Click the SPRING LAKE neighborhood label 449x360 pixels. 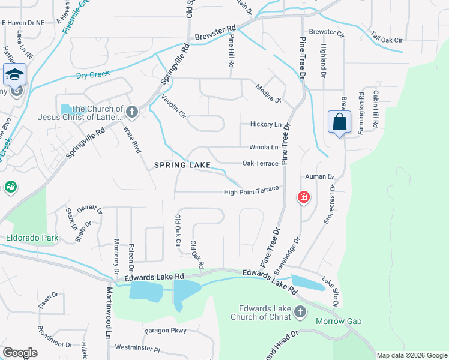click(182, 164)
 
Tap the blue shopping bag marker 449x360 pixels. click(339, 122)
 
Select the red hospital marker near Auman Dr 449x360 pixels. click(304, 197)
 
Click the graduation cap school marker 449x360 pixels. click(14, 75)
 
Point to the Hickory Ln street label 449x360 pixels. click(265, 124)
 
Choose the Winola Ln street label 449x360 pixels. click(264, 147)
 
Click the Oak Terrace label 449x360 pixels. click(260, 163)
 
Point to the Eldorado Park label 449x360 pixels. click(32, 238)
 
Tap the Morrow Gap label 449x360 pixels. click(339, 321)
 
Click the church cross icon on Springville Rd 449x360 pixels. click(132, 112)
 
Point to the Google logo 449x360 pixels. click(20, 353)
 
